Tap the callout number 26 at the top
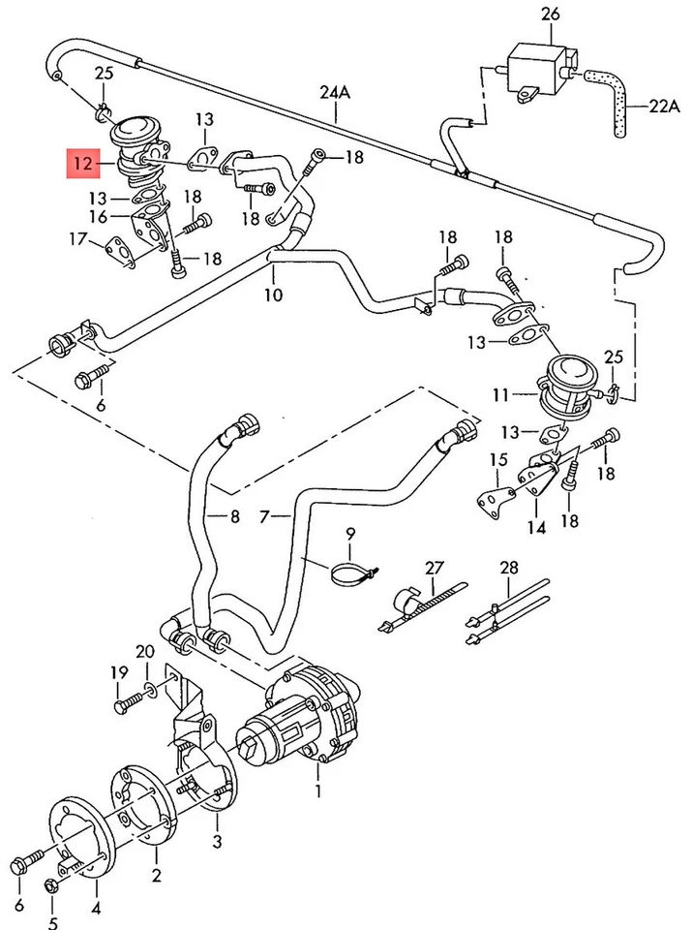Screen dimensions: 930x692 tap(551, 15)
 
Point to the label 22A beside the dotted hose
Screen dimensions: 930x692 tap(665, 108)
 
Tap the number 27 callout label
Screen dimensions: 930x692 tap(434, 568)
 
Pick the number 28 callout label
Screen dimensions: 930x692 tap(509, 568)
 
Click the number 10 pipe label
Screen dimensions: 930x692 tap(274, 294)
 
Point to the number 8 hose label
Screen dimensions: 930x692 tap(233, 517)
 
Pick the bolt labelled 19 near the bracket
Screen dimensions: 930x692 tap(126, 706)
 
